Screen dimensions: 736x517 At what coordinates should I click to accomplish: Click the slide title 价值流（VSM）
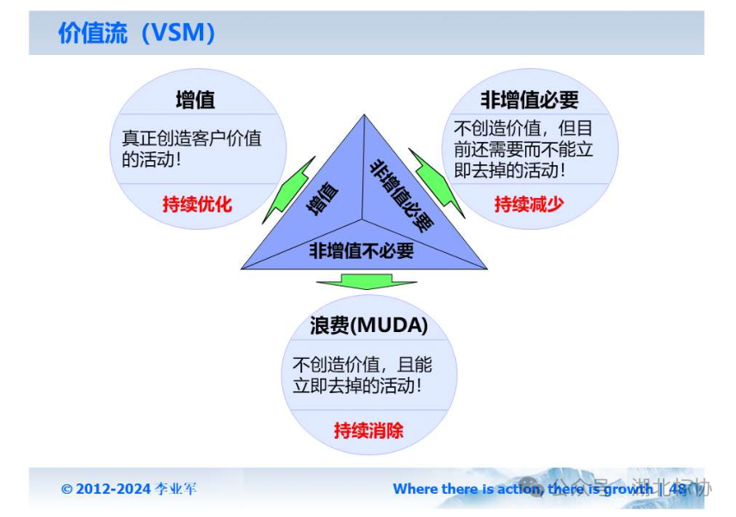pos(137,34)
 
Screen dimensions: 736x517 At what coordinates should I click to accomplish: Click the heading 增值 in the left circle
pos(195,100)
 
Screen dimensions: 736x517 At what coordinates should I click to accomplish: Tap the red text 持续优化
pos(197,205)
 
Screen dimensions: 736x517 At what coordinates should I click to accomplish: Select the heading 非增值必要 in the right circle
pos(529,100)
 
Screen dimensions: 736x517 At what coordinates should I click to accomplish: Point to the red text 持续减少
pos(529,204)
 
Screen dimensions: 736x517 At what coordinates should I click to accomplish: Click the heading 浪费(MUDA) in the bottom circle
pos(369,326)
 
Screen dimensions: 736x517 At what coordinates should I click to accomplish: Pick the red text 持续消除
pos(368,430)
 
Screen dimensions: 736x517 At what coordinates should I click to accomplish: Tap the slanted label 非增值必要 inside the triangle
pos(401,195)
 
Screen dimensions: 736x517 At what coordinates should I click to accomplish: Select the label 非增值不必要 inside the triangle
pos(362,250)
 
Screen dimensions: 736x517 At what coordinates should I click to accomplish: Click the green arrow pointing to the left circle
pos(288,188)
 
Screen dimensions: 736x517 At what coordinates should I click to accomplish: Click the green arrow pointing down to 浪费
pos(366,282)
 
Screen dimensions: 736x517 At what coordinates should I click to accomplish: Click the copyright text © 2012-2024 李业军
pos(129,489)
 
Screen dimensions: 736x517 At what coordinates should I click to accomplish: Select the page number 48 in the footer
pos(678,489)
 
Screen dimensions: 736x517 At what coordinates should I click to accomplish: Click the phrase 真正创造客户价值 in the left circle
pos(191,138)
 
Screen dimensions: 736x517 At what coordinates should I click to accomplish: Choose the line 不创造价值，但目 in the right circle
pos(523,127)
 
